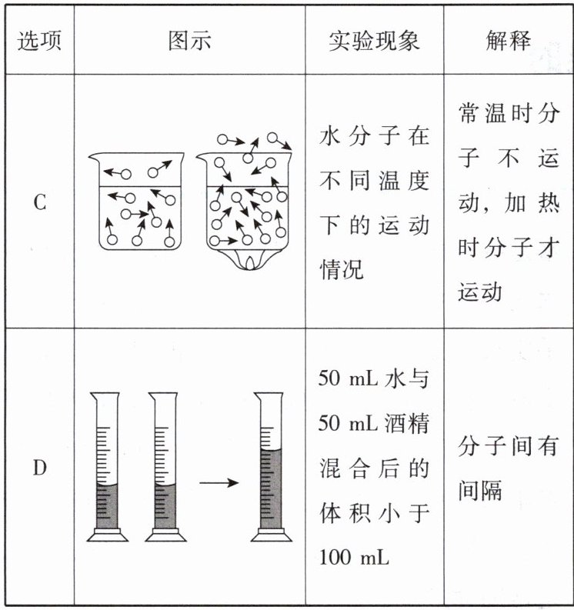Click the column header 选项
click(x=40, y=41)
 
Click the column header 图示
click(x=189, y=41)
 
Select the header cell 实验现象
click(x=374, y=41)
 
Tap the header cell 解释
click(x=508, y=41)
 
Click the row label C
click(x=40, y=203)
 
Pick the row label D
click(x=40, y=467)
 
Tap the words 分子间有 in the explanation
click(x=507, y=448)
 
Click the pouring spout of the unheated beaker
click(x=93, y=157)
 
